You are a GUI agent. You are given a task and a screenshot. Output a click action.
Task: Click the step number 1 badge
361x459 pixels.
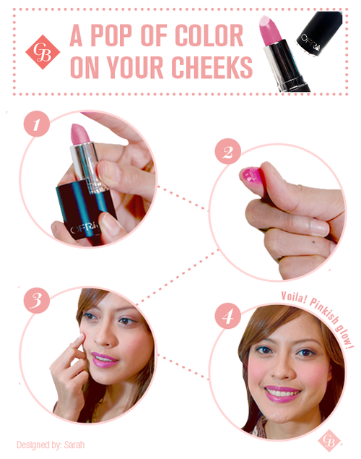point(37,124)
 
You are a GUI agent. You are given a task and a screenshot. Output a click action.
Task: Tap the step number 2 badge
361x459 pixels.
point(227,151)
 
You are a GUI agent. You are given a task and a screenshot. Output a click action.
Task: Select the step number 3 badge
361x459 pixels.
point(37,301)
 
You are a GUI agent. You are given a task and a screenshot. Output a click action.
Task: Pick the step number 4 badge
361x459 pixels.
point(227,316)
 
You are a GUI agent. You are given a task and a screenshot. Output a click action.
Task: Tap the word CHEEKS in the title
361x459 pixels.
point(212,67)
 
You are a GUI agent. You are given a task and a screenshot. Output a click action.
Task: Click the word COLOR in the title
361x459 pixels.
point(209,35)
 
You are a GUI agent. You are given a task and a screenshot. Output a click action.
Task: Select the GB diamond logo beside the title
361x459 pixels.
point(43,52)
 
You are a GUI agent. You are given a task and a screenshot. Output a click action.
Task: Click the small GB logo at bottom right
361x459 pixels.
point(329,440)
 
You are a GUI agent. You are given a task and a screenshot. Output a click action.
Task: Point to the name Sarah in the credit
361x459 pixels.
point(74,445)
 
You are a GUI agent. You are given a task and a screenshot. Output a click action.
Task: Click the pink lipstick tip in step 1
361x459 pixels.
point(80,134)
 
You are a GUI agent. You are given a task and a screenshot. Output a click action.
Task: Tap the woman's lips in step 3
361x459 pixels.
point(104,360)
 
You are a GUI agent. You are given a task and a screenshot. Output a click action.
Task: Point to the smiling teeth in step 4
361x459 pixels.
point(282,391)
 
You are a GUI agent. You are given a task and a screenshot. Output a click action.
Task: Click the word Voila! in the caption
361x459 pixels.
point(293,298)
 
